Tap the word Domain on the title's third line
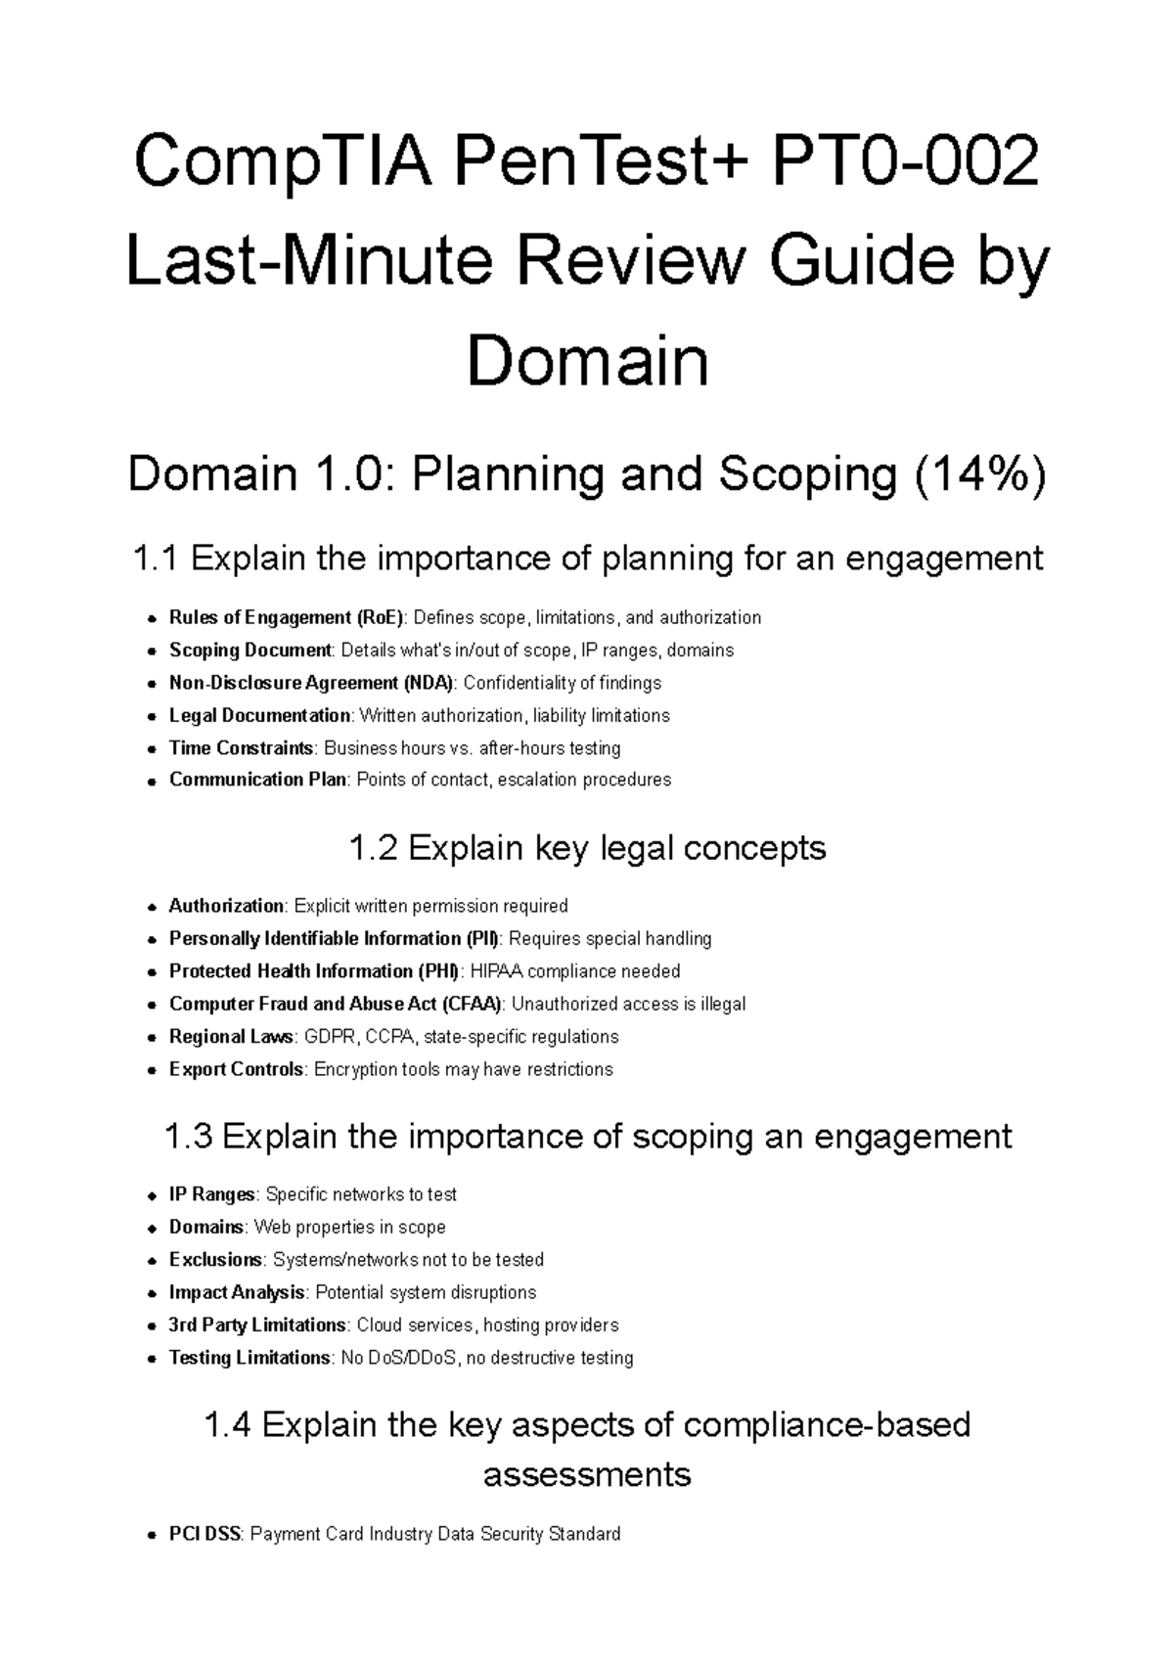587,362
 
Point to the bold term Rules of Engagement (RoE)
286,617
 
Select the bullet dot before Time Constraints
151,749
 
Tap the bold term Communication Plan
257,780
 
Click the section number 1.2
373,847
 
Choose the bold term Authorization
226,906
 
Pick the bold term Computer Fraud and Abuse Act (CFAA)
336,1004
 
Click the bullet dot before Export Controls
151,1070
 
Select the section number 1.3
188,1137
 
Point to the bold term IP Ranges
212,1194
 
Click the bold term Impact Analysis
237,1292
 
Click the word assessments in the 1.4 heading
587,1474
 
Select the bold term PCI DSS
204,1534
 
